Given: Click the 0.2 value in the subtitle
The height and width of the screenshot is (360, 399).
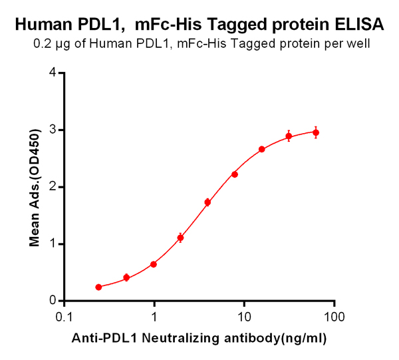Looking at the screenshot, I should [x=41, y=45].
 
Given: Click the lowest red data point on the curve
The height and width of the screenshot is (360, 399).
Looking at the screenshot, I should [x=98, y=287].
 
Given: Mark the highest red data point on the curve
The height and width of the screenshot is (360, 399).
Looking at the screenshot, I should [x=316, y=132].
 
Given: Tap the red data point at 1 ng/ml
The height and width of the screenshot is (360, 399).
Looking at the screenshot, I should [x=154, y=264].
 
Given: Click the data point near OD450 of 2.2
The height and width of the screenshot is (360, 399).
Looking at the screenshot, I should [x=235, y=174].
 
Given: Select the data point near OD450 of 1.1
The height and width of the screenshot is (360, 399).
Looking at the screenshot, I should [x=180, y=238].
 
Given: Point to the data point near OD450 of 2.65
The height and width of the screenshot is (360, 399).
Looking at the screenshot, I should [x=262, y=149].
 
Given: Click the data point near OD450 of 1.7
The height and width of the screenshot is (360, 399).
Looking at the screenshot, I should [x=207, y=202].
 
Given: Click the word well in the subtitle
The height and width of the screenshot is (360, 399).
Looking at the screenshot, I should [x=357, y=45].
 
